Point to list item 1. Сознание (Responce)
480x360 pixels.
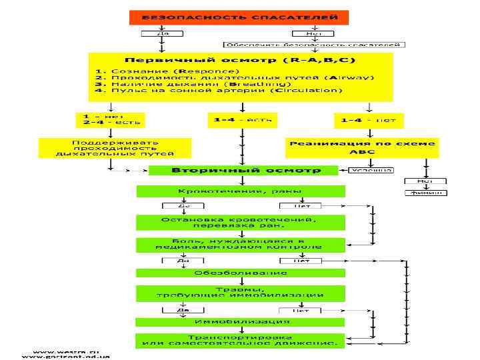tap(167, 71)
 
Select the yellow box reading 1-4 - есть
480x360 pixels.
tap(241, 119)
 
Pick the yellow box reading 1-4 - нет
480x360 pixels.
tap(369, 120)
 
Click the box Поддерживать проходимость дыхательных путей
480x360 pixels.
tap(115, 147)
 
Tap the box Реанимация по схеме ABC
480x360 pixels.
tap(363, 147)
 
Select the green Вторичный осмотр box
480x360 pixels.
tap(246, 170)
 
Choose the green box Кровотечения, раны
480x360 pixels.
tap(241, 191)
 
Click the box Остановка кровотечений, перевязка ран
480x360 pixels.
tap(241, 223)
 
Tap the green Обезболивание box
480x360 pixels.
tap(241, 273)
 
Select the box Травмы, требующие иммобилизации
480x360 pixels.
tap(241, 292)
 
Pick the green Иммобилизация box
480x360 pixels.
tap(241, 322)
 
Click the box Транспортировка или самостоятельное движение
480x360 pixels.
tap(241, 340)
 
